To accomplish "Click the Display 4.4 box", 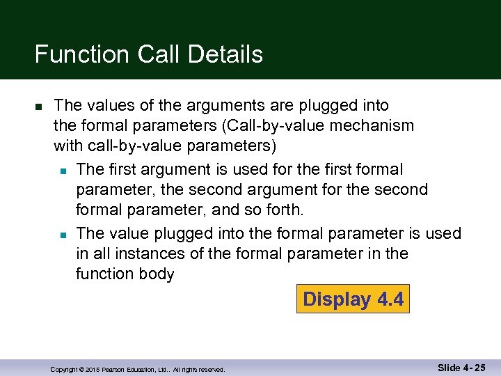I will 353,299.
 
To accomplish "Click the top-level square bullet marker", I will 39,107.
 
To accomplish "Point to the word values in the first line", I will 107,105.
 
